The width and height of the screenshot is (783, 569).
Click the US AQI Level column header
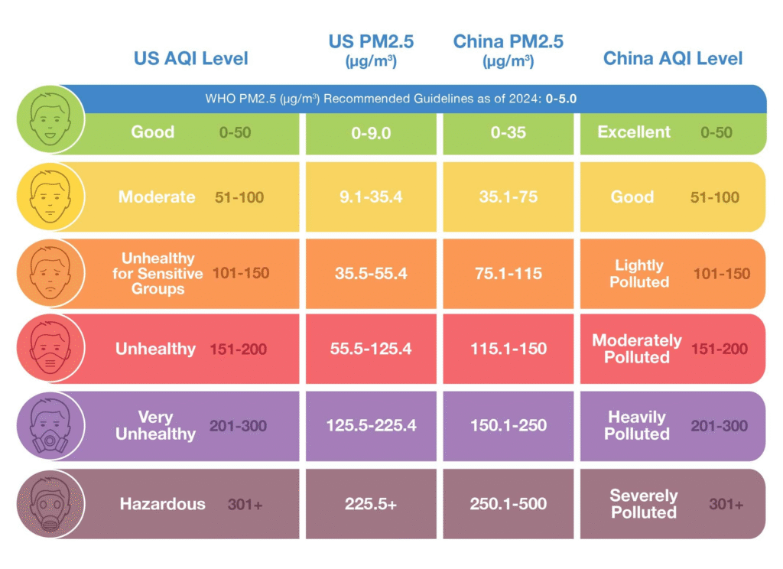[x=191, y=58]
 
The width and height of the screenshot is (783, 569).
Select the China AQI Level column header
[x=673, y=58]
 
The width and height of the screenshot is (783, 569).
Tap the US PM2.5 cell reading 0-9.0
[x=371, y=133]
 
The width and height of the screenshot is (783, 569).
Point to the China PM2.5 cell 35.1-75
[x=508, y=197]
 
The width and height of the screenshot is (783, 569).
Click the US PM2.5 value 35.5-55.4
[x=371, y=273]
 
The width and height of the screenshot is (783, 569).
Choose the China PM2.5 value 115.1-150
[x=508, y=349]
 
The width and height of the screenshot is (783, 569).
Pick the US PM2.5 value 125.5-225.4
[x=371, y=425]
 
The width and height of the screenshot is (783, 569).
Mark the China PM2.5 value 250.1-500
[x=508, y=503]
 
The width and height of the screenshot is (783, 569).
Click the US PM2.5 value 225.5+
[x=371, y=503]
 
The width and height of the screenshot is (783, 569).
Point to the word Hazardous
[x=162, y=503]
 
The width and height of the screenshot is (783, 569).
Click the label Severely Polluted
[x=644, y=504]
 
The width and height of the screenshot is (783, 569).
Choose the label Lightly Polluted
[x=639, y=273]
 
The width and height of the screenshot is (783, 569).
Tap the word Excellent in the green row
[x=634, y=132]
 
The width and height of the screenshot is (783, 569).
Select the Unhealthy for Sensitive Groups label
[x=158, y=273]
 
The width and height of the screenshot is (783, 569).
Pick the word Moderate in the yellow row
[x=157, y=197]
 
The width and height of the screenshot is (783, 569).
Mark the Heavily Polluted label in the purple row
[x=637, y=425]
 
